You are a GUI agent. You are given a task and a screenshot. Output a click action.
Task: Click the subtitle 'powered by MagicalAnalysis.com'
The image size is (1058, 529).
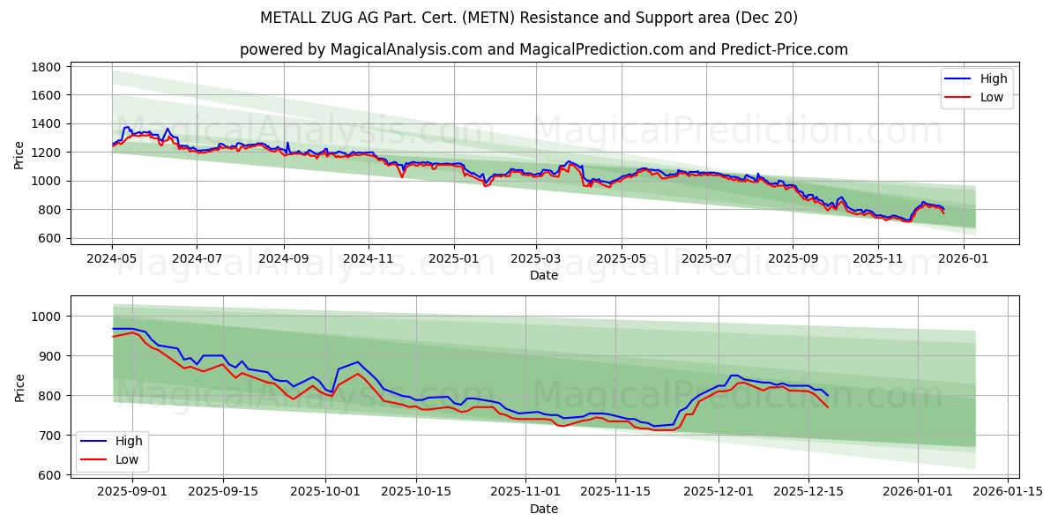(543, 49)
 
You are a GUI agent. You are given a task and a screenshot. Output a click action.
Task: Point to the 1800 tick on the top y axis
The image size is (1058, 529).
(45, 67)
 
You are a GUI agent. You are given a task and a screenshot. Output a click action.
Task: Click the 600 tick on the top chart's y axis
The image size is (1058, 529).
(48, 238)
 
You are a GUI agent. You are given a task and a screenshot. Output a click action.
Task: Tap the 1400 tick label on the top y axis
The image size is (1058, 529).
(45, 124)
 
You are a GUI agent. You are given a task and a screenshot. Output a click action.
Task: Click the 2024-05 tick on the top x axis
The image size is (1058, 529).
(112, 259)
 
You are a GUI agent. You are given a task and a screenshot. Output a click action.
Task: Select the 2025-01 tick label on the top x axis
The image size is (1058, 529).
(454, 259)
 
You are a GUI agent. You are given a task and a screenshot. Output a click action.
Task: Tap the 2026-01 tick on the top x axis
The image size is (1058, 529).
(963, 259)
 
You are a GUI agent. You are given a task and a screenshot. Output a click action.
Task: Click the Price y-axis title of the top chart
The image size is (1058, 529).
(19, 154)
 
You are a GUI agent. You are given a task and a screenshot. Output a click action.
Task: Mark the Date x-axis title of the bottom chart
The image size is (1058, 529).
(543, 509)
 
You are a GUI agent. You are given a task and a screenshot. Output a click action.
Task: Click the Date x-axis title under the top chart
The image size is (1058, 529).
(543, 275)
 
